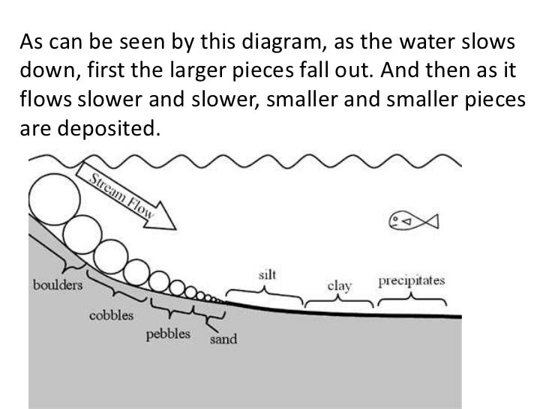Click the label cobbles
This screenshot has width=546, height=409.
click(111, 315)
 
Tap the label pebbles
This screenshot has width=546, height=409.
click(167, 333)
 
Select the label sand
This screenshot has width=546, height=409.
click(223, 339)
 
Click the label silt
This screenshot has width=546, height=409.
click(266, 275)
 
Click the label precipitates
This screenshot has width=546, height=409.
click(411, 281)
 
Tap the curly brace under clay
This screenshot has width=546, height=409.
click(340, 302)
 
